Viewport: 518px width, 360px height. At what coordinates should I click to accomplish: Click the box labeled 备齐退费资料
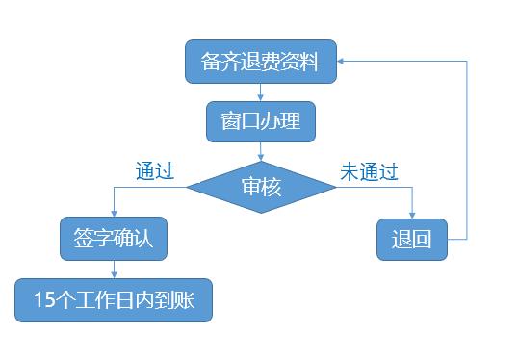260,62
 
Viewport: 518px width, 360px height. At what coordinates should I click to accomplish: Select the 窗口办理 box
260,122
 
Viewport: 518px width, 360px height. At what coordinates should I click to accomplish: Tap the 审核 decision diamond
261,187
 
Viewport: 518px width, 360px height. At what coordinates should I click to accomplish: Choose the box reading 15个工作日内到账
114,300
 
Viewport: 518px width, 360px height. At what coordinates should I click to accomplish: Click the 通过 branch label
154,172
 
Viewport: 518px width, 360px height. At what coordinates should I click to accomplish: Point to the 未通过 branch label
369,172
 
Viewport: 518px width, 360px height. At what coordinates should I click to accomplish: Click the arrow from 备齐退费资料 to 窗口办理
261,92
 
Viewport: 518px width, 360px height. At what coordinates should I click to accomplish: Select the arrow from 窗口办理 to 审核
261,151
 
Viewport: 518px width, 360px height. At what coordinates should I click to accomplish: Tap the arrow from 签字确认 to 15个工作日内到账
114,270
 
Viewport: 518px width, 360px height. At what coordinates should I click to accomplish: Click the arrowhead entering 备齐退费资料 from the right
343,62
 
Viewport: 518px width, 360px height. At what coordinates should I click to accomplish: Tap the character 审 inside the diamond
250,187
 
